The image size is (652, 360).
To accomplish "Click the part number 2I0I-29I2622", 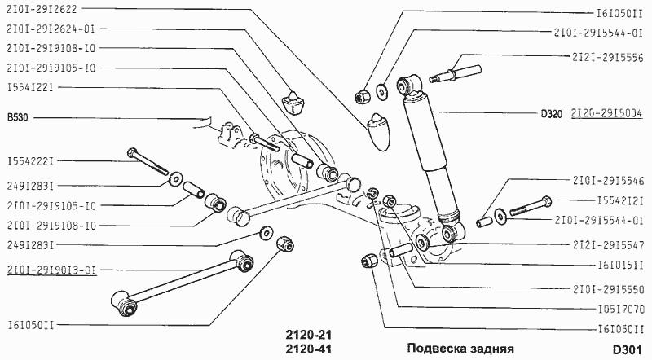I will (x=42, y=11).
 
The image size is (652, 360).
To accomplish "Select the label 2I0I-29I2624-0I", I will (x=51, y=29).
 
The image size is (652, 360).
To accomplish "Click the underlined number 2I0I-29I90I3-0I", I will (x=51, y=270).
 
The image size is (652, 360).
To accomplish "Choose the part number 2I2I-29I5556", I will (x=608, y=57).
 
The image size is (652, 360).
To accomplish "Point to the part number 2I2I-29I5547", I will (x=608, y=244).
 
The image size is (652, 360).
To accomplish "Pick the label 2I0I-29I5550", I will (x=608, y=288).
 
